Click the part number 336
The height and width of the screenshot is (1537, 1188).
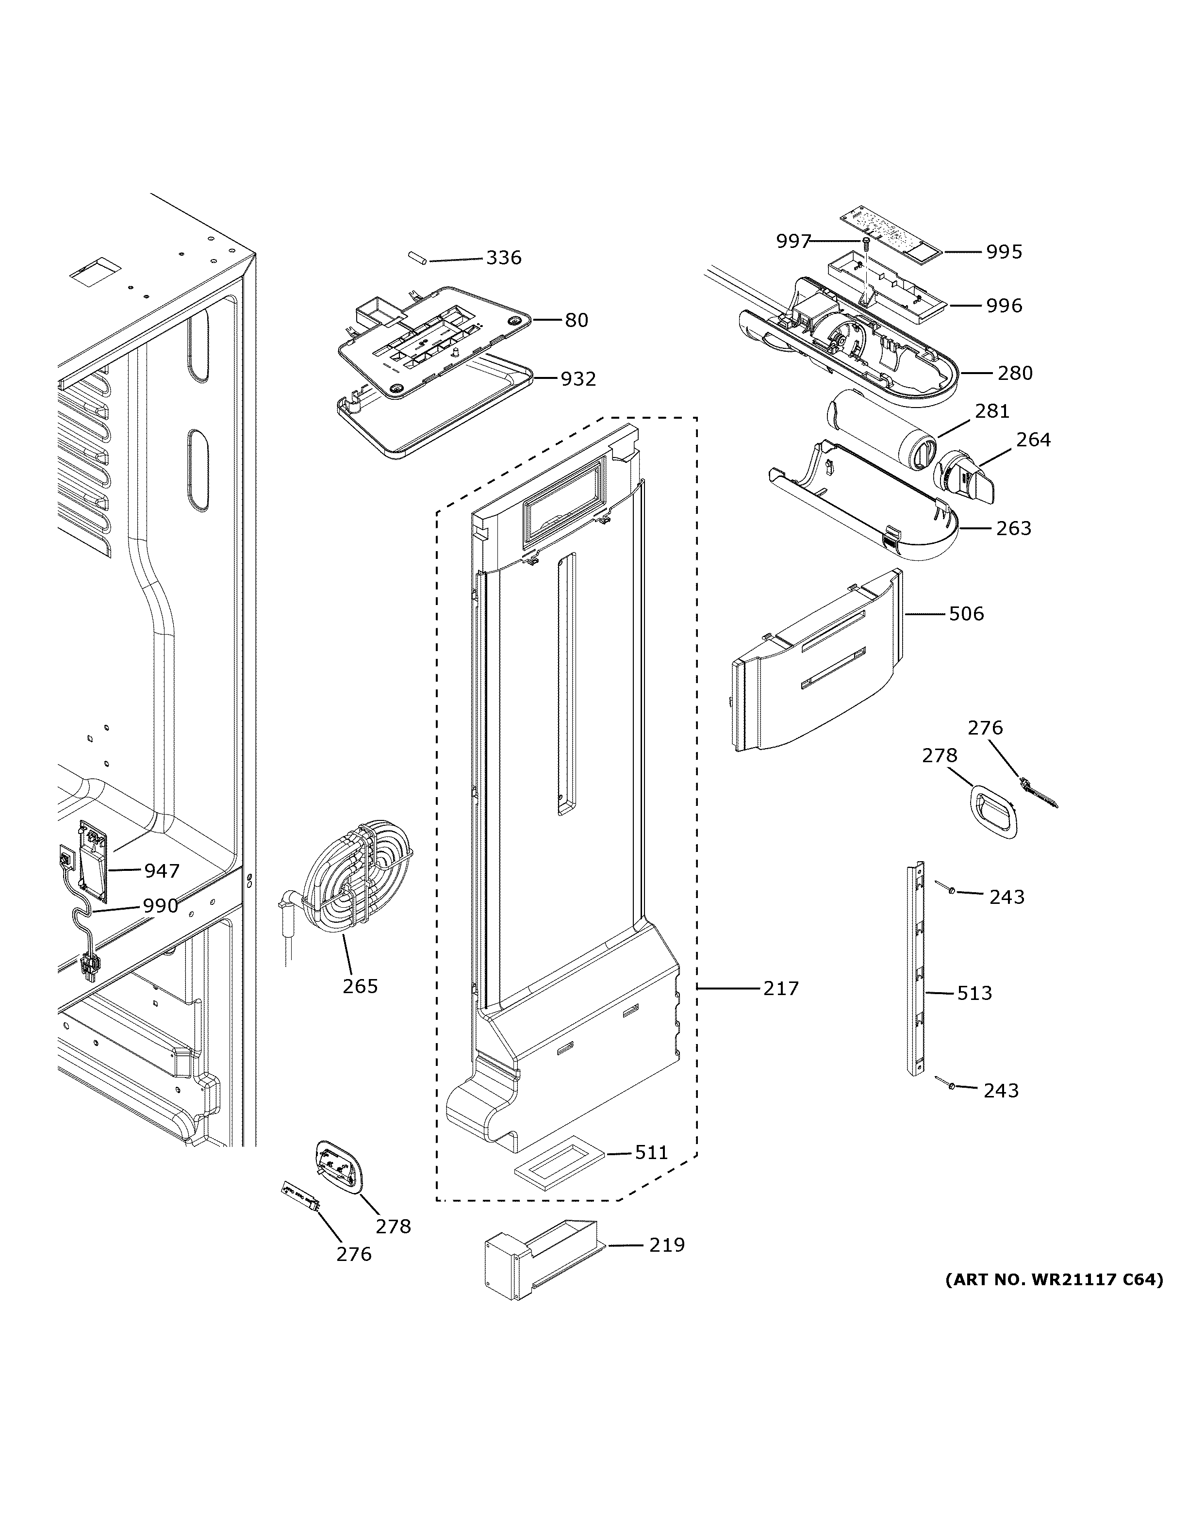[503, 258]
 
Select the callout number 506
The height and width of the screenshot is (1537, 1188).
[966, 614]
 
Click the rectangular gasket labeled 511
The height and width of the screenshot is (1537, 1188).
[560, 1164]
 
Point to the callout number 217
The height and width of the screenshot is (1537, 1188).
[781, 988]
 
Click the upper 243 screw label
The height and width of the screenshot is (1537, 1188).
[1006, 897]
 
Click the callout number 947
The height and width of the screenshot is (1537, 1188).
[162, 871]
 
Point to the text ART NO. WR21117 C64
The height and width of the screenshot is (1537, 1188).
[1054, 1279]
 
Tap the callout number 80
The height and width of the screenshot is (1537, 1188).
[577, 320]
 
